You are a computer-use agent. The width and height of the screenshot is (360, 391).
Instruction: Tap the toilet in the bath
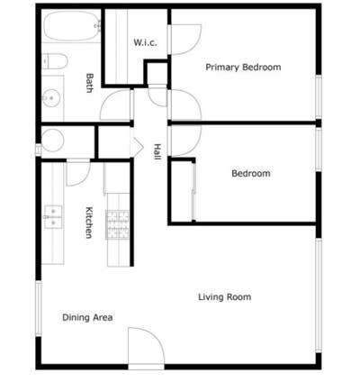point(53,62)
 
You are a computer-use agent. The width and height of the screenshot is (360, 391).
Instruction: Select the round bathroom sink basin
point(51,97)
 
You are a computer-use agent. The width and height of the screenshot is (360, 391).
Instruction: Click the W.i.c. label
point(146,42)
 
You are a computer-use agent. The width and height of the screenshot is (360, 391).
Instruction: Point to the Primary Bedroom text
point(243,68)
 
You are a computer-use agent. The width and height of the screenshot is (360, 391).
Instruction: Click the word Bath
point(89,83)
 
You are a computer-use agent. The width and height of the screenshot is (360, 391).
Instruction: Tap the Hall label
point(157,152)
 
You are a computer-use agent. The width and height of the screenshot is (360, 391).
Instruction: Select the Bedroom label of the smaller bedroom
point(250,174)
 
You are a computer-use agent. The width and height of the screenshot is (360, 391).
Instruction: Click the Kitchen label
point(88,223)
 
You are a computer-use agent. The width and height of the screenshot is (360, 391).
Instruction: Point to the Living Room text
point(224,297)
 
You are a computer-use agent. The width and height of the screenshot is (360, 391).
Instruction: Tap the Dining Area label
point(87,317)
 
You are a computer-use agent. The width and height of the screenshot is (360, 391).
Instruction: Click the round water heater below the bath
point(53,141)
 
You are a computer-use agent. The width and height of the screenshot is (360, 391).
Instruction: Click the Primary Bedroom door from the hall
point(184,105)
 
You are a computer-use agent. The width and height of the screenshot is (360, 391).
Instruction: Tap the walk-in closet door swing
point(184,38)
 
